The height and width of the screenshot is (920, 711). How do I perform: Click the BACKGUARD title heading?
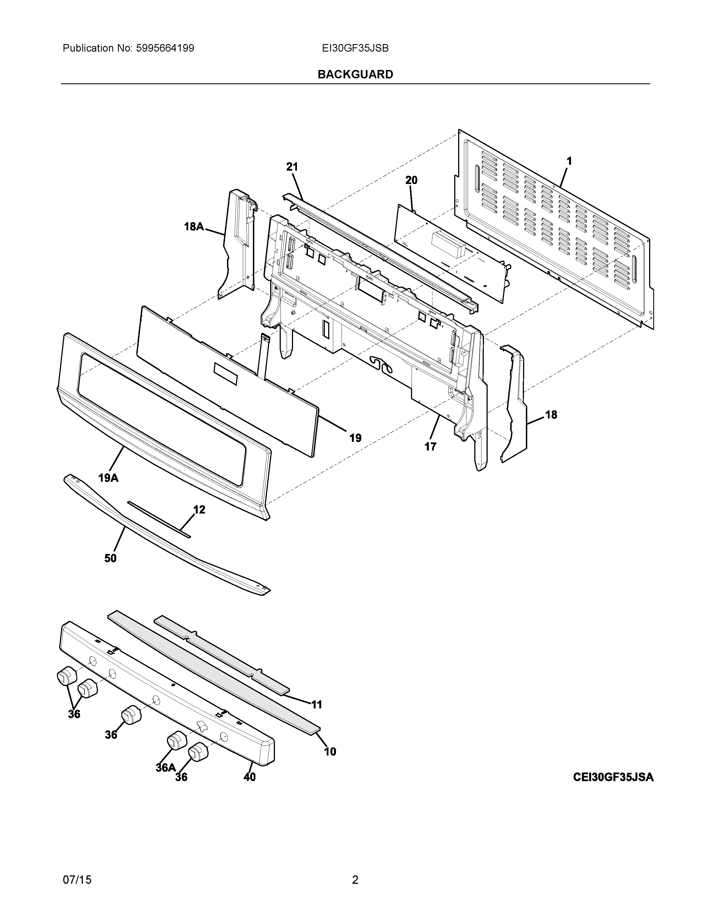[355, 74]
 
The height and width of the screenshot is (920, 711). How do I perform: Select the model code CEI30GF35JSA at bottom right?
[613, 777]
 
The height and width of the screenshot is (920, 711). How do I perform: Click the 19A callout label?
[108, 478]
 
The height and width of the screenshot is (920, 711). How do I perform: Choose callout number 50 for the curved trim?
[110, 558]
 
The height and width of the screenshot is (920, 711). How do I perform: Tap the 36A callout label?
[166, 768]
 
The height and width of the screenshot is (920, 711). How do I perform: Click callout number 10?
[330, 752]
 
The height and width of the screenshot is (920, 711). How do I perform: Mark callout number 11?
[316, 704]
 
